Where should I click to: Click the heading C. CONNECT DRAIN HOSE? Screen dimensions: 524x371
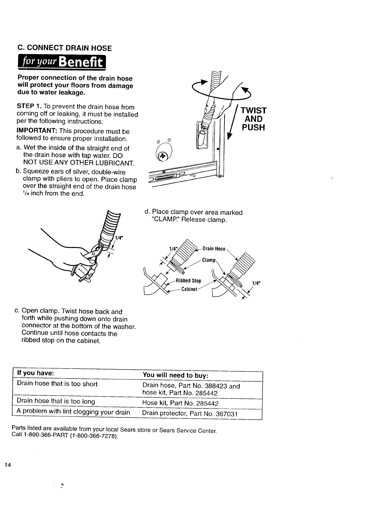[x=65, y=48]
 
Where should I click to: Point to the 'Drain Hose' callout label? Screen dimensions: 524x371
[x=214, y=249]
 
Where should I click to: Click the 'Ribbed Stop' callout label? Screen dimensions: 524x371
[x=188, y=280]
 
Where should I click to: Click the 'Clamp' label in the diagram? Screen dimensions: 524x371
[x=209, y=260]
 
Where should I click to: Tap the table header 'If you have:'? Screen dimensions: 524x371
[x=36, y=373]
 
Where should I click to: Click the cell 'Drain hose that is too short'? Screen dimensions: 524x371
[x=57, y=383]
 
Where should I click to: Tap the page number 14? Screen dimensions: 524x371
[x=7, y=465]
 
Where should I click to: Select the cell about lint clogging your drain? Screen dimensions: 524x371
[x=73, y=412]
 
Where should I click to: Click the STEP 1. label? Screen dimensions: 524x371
[x=28, y=107]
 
